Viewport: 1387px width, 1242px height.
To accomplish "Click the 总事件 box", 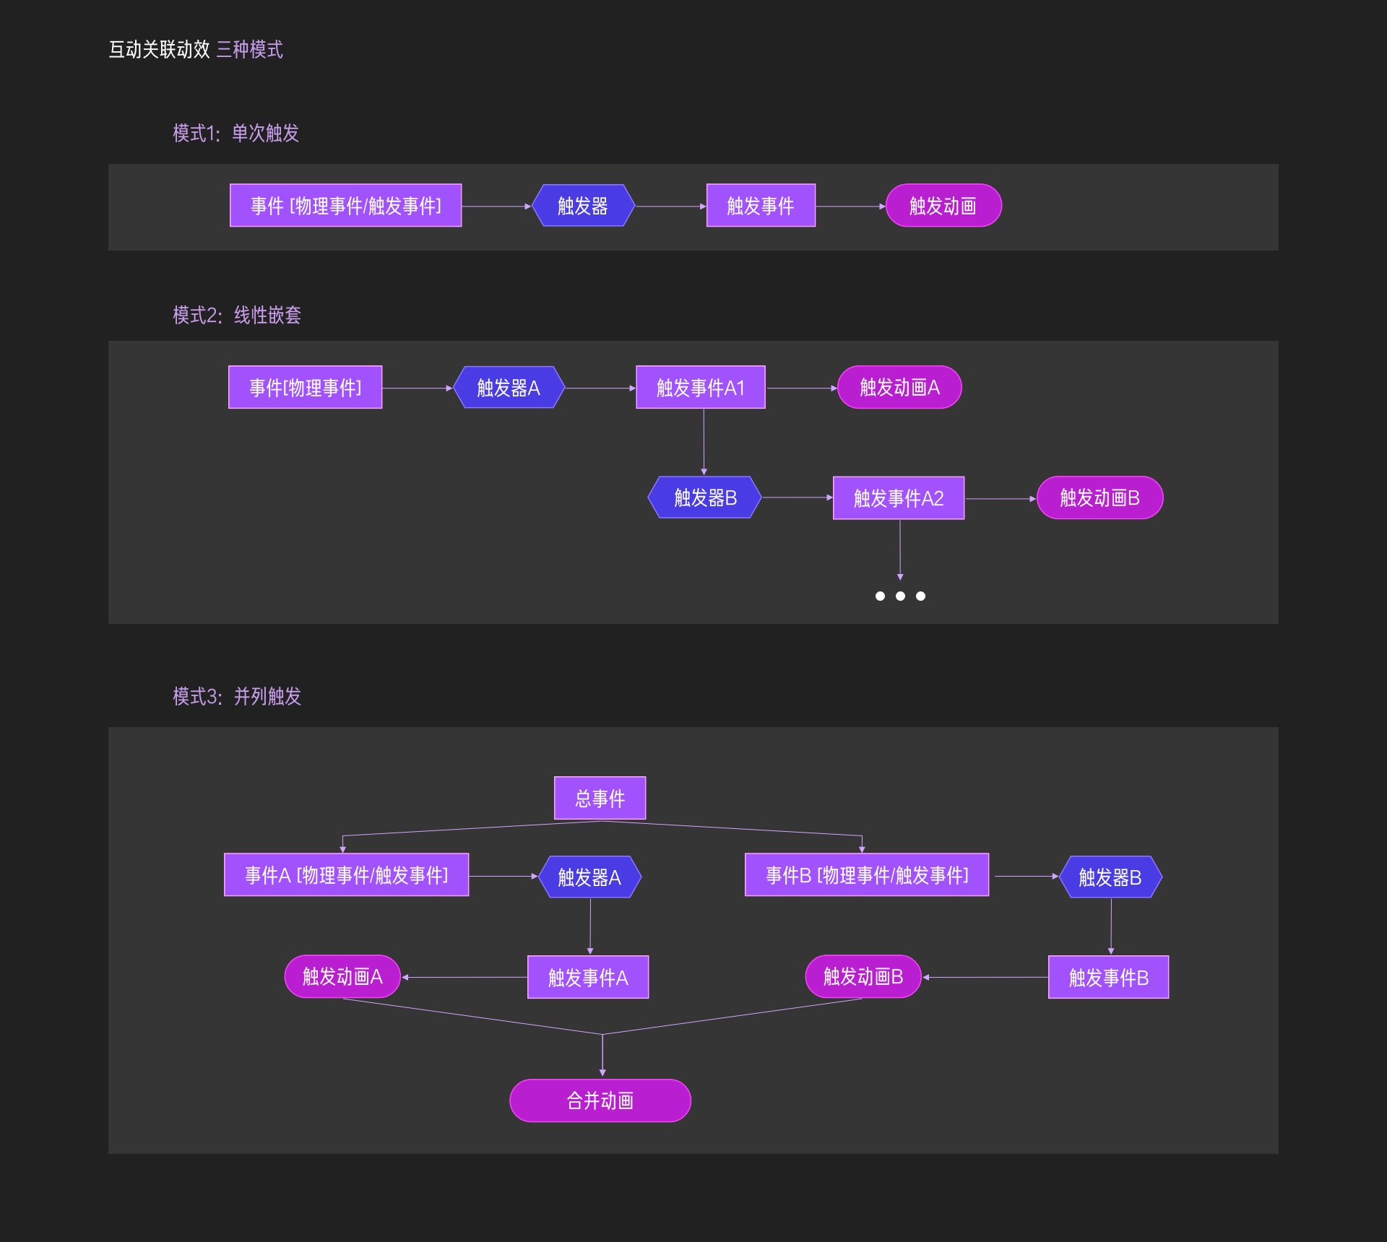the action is pos(600,798).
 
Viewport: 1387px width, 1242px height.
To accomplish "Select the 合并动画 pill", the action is pos(600,1100).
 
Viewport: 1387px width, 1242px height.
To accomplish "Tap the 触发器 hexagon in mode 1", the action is pos(583,206).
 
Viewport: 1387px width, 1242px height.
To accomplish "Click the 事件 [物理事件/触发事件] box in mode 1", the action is pos(345,206).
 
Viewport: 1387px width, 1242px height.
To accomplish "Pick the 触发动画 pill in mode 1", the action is pos(943,206).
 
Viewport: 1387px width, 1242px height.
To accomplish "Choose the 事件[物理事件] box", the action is pos(305,388).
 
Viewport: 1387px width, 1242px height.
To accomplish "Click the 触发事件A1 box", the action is pos(700,388).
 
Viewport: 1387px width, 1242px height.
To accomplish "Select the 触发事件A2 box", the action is pos(898,498).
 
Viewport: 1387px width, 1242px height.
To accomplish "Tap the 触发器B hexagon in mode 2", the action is pos(704,498).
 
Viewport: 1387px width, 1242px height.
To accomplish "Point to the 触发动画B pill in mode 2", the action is pos(1099,498).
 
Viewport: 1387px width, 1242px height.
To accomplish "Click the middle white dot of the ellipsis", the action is pos(900,596).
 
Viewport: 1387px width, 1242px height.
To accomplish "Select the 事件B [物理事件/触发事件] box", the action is pos(866,875).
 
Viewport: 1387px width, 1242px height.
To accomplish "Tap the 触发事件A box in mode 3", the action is pos(588,977).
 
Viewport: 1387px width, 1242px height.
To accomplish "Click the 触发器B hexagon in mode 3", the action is pos(1110,877).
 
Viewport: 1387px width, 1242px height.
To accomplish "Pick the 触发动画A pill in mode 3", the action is pos(342,976).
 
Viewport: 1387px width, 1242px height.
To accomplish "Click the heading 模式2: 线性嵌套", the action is pos(237,315).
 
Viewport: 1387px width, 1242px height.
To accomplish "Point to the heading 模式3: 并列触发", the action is pos(237,696).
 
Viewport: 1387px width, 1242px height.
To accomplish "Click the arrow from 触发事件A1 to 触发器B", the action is pos(704,441).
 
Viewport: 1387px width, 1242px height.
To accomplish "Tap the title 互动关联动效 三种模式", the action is pos(196,49).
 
